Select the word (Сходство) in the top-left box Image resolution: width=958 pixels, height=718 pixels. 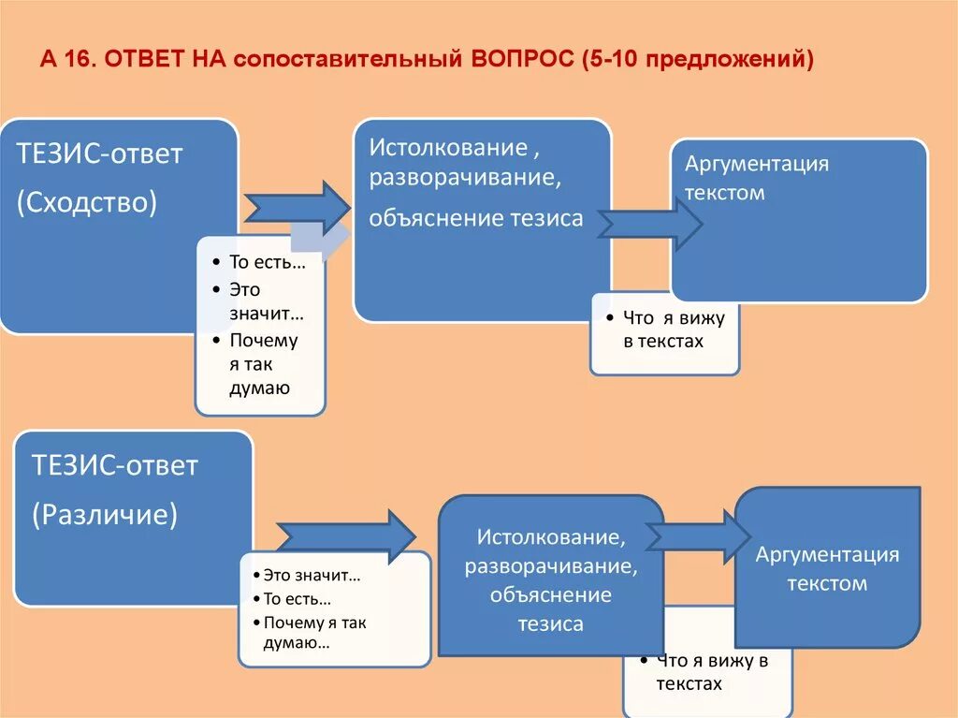pyautogui.click(x=87, y=202)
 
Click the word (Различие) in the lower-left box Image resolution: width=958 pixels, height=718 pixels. pyautogui.click(x=104, y=513)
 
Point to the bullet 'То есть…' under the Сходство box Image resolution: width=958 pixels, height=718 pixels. pyautogui.click(x=268, y=263)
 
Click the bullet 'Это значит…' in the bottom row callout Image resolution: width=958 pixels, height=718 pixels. pyautogui.click(x=312, y=575)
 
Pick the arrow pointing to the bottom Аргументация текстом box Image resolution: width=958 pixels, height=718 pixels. pyautogui.click(x=697, y=536)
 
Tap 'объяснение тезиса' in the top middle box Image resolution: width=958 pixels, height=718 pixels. pyautogui.click(x=475, y=218)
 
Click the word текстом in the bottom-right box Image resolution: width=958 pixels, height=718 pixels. pyautogui.click(x=827, y=583)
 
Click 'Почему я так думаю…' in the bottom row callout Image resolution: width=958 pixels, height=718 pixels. pyautogui.click(x=314, y=632)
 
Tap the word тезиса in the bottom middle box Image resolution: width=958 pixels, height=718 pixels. pyautogui.click(x=550, y=623)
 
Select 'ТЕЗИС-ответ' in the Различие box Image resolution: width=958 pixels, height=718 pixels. pyautogui.click(x=114, y=465)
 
